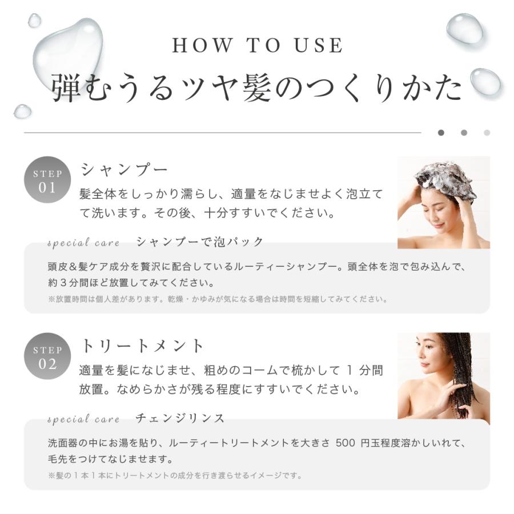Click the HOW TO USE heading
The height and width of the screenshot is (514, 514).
(x=258, y=45)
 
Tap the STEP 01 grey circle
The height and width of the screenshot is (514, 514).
(x=47, y=180)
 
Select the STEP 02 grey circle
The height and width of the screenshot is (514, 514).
(x=47, y=356)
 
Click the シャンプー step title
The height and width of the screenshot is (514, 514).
(x=125, y=170)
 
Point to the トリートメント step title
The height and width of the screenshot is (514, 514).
(x=142, y=346)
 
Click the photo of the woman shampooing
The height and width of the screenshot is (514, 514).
(x=443, y=202)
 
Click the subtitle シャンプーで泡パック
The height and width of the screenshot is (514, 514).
(x=200, y=242)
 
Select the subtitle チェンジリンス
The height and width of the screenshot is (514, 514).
(x=180, y=418)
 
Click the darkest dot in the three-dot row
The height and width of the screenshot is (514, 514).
(x=441, y=132)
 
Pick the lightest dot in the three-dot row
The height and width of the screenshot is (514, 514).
(x=487, y=132)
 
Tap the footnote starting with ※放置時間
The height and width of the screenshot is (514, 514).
(x=218, y=299)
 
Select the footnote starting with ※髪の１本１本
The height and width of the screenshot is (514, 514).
(x=175, y=475)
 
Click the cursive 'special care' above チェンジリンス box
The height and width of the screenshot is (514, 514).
(x=83, y=420)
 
